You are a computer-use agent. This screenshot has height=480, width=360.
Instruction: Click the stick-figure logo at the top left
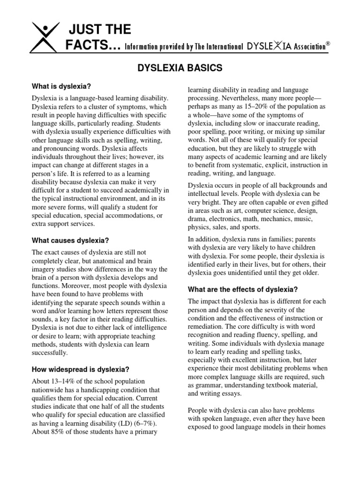click(46, 37)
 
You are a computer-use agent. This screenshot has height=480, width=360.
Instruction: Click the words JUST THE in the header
click(100, 30)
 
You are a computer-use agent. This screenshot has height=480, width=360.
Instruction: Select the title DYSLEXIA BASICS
click(180, 68)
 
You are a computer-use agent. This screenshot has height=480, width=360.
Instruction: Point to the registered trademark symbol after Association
click(328, 43)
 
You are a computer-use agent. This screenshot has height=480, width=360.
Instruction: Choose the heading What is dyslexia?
click(61, 86)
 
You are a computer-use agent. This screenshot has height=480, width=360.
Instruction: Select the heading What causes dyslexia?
click(70, 240)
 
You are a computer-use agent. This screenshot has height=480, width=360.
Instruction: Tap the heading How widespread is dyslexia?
click(81, 369)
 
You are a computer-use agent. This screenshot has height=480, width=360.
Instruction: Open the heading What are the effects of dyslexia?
click(242, 289)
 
